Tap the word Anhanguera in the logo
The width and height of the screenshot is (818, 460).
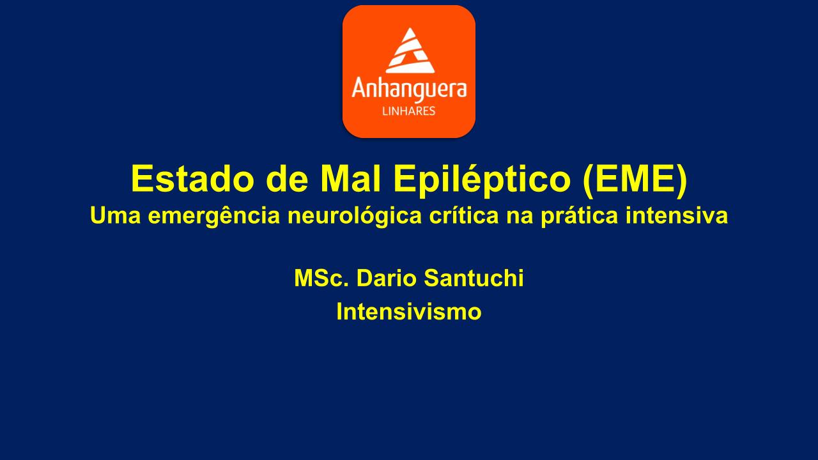coord(409,89)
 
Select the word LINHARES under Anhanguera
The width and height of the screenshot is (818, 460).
coord(408,111)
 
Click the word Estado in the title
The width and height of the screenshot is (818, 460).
coord(192,178)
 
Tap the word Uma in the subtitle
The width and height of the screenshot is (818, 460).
coord(116,215)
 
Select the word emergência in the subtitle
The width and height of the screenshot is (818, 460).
coord(214,216)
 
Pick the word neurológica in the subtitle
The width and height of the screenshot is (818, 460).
coord(355,216)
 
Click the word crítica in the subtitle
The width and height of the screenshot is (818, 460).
coord(464,215)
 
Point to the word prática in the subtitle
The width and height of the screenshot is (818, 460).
coord(580,216)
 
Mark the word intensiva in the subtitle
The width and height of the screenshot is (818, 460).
coord(677,215)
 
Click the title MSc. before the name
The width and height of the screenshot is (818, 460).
coord(321,278)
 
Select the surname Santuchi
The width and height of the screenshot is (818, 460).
coord(474,278)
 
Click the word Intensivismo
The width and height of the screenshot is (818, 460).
coord(409,312)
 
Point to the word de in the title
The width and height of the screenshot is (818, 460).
coord(287,178)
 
